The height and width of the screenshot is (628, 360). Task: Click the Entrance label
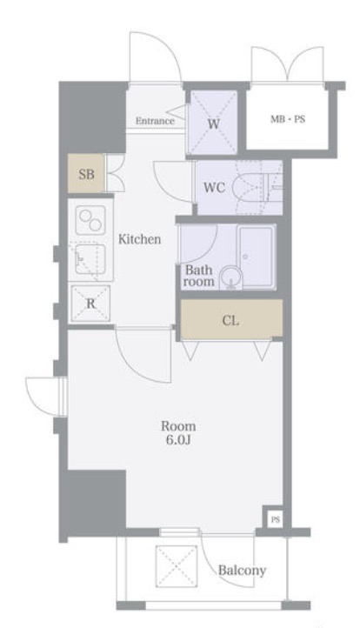click(x=155, y=121)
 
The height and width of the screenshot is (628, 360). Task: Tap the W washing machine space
click(x=213, y=122)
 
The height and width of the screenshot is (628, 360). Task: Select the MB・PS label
click(x=288, y=119)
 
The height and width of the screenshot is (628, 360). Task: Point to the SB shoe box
click(x=86, y=174)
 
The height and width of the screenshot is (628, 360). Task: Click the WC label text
click(x=214, y=187)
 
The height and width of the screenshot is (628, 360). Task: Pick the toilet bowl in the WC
click(x=249, y=188)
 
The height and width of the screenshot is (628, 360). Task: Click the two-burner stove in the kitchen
click(x=90, y=220)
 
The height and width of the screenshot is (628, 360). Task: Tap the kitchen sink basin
click(x=90, y=259)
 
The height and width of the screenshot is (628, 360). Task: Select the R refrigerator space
click(x=90, y=304)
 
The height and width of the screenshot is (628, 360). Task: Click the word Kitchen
click(x=139, y=239)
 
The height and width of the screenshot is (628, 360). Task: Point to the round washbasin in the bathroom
click(x=230, y=277)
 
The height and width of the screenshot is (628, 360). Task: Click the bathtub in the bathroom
click(x=257, y=257)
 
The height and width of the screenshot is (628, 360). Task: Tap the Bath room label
click(x=198, y=276)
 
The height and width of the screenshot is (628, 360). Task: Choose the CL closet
click(x=231, y=319)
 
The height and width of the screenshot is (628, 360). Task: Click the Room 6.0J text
click(x=178, y=432)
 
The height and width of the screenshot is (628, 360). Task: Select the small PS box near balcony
click(x=275, y=519)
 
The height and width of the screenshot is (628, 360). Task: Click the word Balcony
click(x=242, y=570)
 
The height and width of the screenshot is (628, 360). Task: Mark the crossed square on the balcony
click(x=177, y=566)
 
